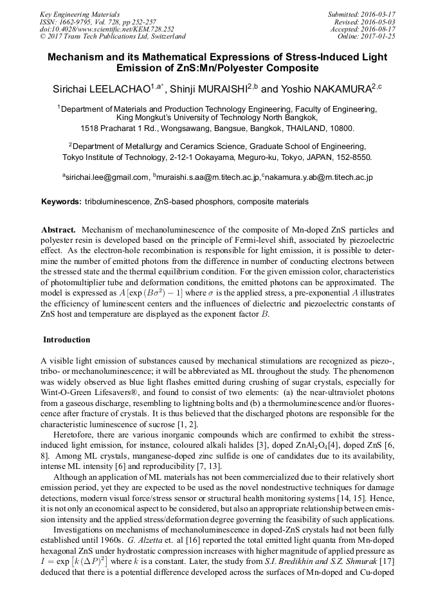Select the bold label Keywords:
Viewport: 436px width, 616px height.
point(61,202)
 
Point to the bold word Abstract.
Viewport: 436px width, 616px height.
point(59,229)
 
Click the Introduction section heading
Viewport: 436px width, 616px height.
point(67,340)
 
